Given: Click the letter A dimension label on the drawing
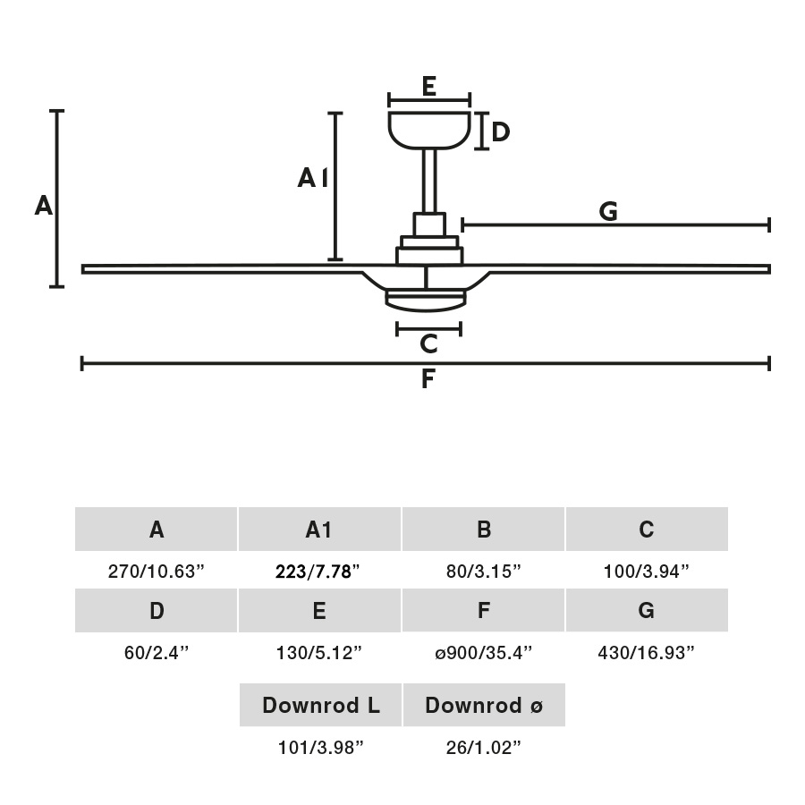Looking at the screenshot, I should coord(43,207).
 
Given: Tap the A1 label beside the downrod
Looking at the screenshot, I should coord(312,179).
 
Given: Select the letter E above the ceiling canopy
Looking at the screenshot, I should coord(428,87).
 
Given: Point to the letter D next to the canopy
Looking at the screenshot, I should coord(500,132).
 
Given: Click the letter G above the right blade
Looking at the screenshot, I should coord(608,212).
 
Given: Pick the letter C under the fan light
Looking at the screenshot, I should coord(428,344).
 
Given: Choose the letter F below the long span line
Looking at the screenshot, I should coord(428,380).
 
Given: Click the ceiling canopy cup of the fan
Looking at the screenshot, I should coord(429,128).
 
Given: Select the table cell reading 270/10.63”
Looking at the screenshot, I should coord(157,572).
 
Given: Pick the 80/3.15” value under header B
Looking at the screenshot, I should coord(483,572).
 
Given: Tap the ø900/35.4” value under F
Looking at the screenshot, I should coord(483,653).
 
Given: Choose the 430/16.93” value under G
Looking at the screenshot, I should coord(646,653).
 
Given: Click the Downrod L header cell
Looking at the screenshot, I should coord(321,705).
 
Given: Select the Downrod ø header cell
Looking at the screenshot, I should coord(484,705).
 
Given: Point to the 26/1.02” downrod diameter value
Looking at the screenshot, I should coord(483,748).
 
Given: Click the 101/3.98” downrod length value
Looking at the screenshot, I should coord(320,748).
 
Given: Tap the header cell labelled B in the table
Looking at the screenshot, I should coord(484,530).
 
